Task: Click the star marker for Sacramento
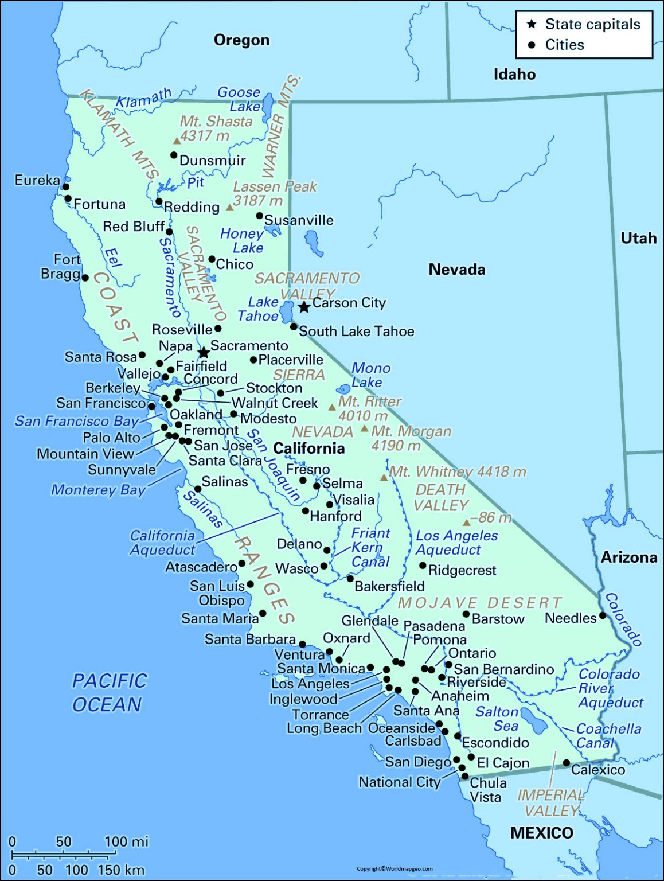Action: click(x=203, y=352)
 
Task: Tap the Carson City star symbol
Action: click(x=304, y=307)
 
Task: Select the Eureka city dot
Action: click(x=66, y=186)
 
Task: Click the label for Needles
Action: click(x=571, y=618)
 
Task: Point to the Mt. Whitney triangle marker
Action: click(x=384, y=477)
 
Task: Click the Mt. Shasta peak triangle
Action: click(x=177, y=141)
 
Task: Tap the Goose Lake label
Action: click(x=239, y=99)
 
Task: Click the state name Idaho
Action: click(x=514, y=74)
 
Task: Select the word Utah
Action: click(x=638, y=238)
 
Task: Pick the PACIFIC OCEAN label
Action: click(x=109, y=692)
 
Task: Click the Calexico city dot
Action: click(x=566, y=763)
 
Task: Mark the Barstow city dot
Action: click(x=466, y=614)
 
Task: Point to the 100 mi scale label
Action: click(x=126, y=841)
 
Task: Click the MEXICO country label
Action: click(x=541, y=833)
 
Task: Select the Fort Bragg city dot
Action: click(x=85, y=278)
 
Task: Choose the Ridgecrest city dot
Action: click(x=423, y=566)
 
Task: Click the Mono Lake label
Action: click(x=370, y=375)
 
